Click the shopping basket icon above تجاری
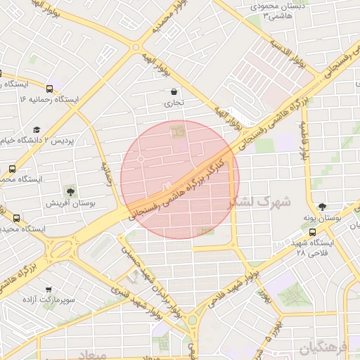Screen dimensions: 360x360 (174, 91)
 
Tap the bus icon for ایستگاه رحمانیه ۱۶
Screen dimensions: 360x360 (49, 89)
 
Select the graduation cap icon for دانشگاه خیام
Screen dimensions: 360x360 (37, 129)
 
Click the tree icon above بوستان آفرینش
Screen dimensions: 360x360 (69, 191)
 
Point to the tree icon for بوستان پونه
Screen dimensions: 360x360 (322, 207)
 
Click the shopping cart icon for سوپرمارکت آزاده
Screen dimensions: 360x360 (48, 290)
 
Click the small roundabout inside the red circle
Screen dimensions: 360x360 (141, 160)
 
